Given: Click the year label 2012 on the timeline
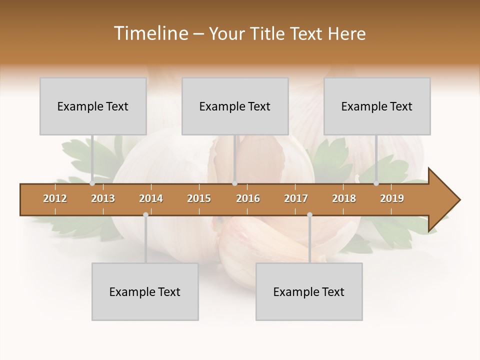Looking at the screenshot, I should point(55,198).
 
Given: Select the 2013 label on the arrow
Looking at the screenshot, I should point(103,198).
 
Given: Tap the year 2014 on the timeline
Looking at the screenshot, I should point(151,198).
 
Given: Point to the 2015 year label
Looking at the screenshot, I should point(199,198).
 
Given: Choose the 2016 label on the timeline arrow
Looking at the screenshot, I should point(248,198).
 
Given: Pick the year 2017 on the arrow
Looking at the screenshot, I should point(296,198).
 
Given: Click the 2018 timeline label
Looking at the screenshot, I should point(344,198).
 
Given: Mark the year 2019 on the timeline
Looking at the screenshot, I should point(392,198).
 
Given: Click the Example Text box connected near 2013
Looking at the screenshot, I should point(93,106).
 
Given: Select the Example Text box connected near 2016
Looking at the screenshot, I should point(235,106).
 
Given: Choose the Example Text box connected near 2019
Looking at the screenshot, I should point(377,106).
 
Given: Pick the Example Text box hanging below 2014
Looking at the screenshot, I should point(145,291).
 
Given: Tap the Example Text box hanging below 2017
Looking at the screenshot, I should point(309,291).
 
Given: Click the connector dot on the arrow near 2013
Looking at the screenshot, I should point(92,183).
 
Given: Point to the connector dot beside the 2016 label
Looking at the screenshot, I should point(235,183).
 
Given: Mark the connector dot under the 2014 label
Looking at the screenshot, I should point(145,215).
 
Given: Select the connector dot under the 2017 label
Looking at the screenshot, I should point(309,215).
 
